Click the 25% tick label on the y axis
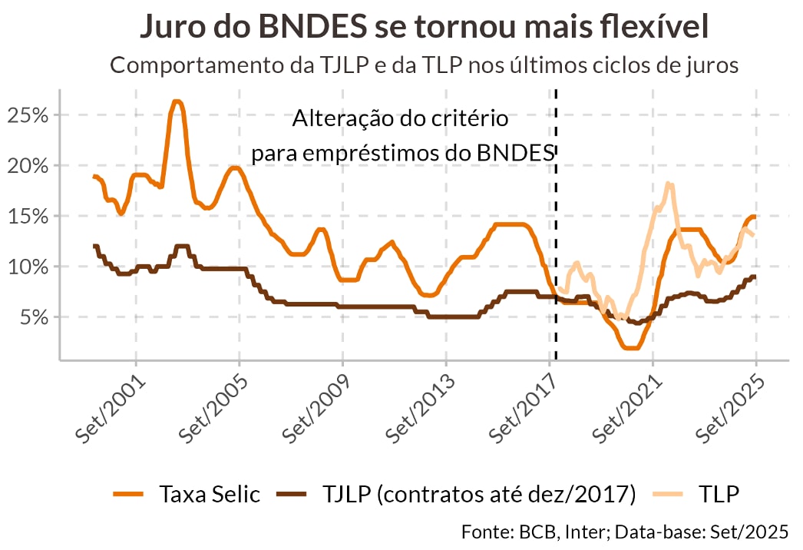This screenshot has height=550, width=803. point(27,115)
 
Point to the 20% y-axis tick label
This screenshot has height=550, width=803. point(27,166)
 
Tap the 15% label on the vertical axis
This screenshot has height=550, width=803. point(27,217)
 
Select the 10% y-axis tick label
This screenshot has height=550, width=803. point(27,267)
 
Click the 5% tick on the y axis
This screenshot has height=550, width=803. point(33,317)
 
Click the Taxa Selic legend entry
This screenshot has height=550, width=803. point(209,494)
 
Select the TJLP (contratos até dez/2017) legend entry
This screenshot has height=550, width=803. point(475,494)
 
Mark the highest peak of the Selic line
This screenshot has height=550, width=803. point(177,101)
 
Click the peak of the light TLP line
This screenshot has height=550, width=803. point(669,183)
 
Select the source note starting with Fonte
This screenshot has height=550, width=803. point(625,532)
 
